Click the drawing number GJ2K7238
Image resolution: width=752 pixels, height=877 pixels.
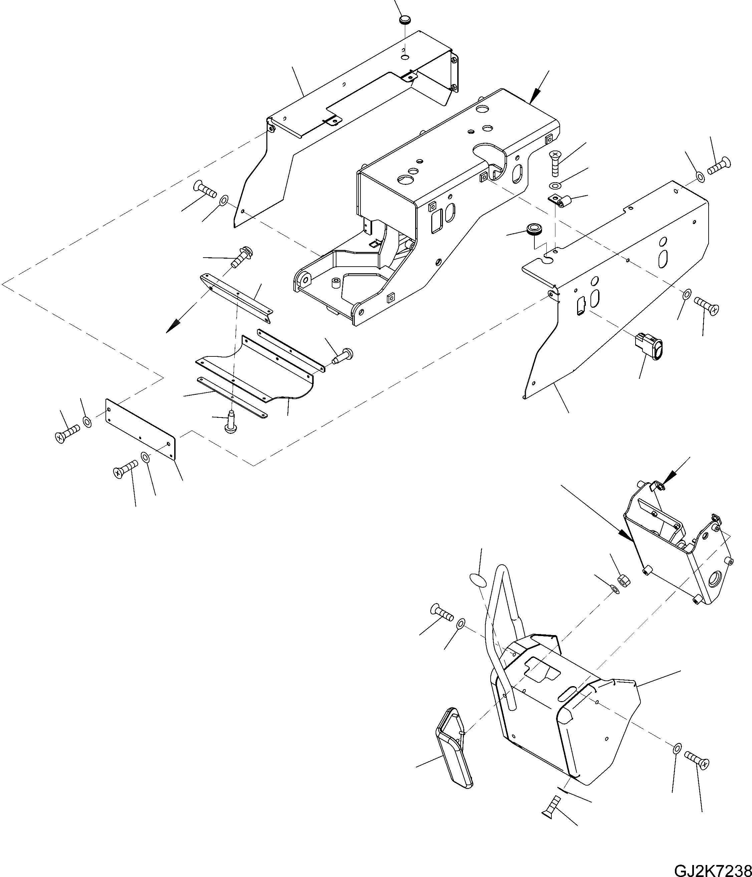coord(712,869)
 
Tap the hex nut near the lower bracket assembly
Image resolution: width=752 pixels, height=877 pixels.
coord(623,579)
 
